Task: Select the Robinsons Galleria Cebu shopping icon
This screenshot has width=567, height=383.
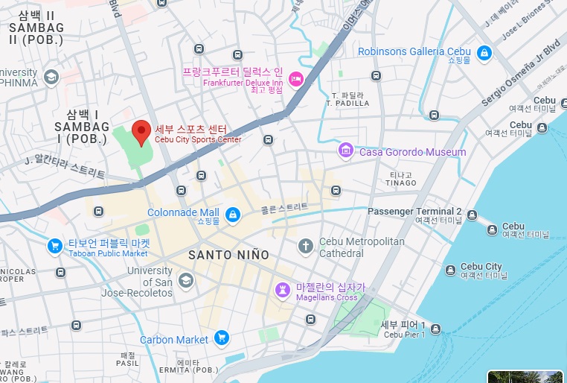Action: pos(484,53)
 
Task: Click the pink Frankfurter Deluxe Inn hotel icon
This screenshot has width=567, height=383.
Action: pos(295,77)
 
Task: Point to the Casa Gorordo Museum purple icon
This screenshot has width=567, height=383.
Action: pos(346,152)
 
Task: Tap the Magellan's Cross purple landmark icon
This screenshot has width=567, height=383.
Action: pos(283,289)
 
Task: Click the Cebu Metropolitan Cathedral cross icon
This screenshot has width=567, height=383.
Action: pos(305,245)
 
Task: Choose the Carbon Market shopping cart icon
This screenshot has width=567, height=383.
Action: pos(221,339)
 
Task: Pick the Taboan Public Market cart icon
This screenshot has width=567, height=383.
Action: pos(54,245)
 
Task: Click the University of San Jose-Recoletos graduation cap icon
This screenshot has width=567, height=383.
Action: pos(186,280)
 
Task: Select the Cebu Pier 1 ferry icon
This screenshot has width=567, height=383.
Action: pos(436,329)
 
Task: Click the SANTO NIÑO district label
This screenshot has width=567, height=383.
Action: pos(228,255)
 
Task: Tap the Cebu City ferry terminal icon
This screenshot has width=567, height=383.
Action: pos(449,270)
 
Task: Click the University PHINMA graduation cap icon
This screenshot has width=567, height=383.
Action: pos(51,76)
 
